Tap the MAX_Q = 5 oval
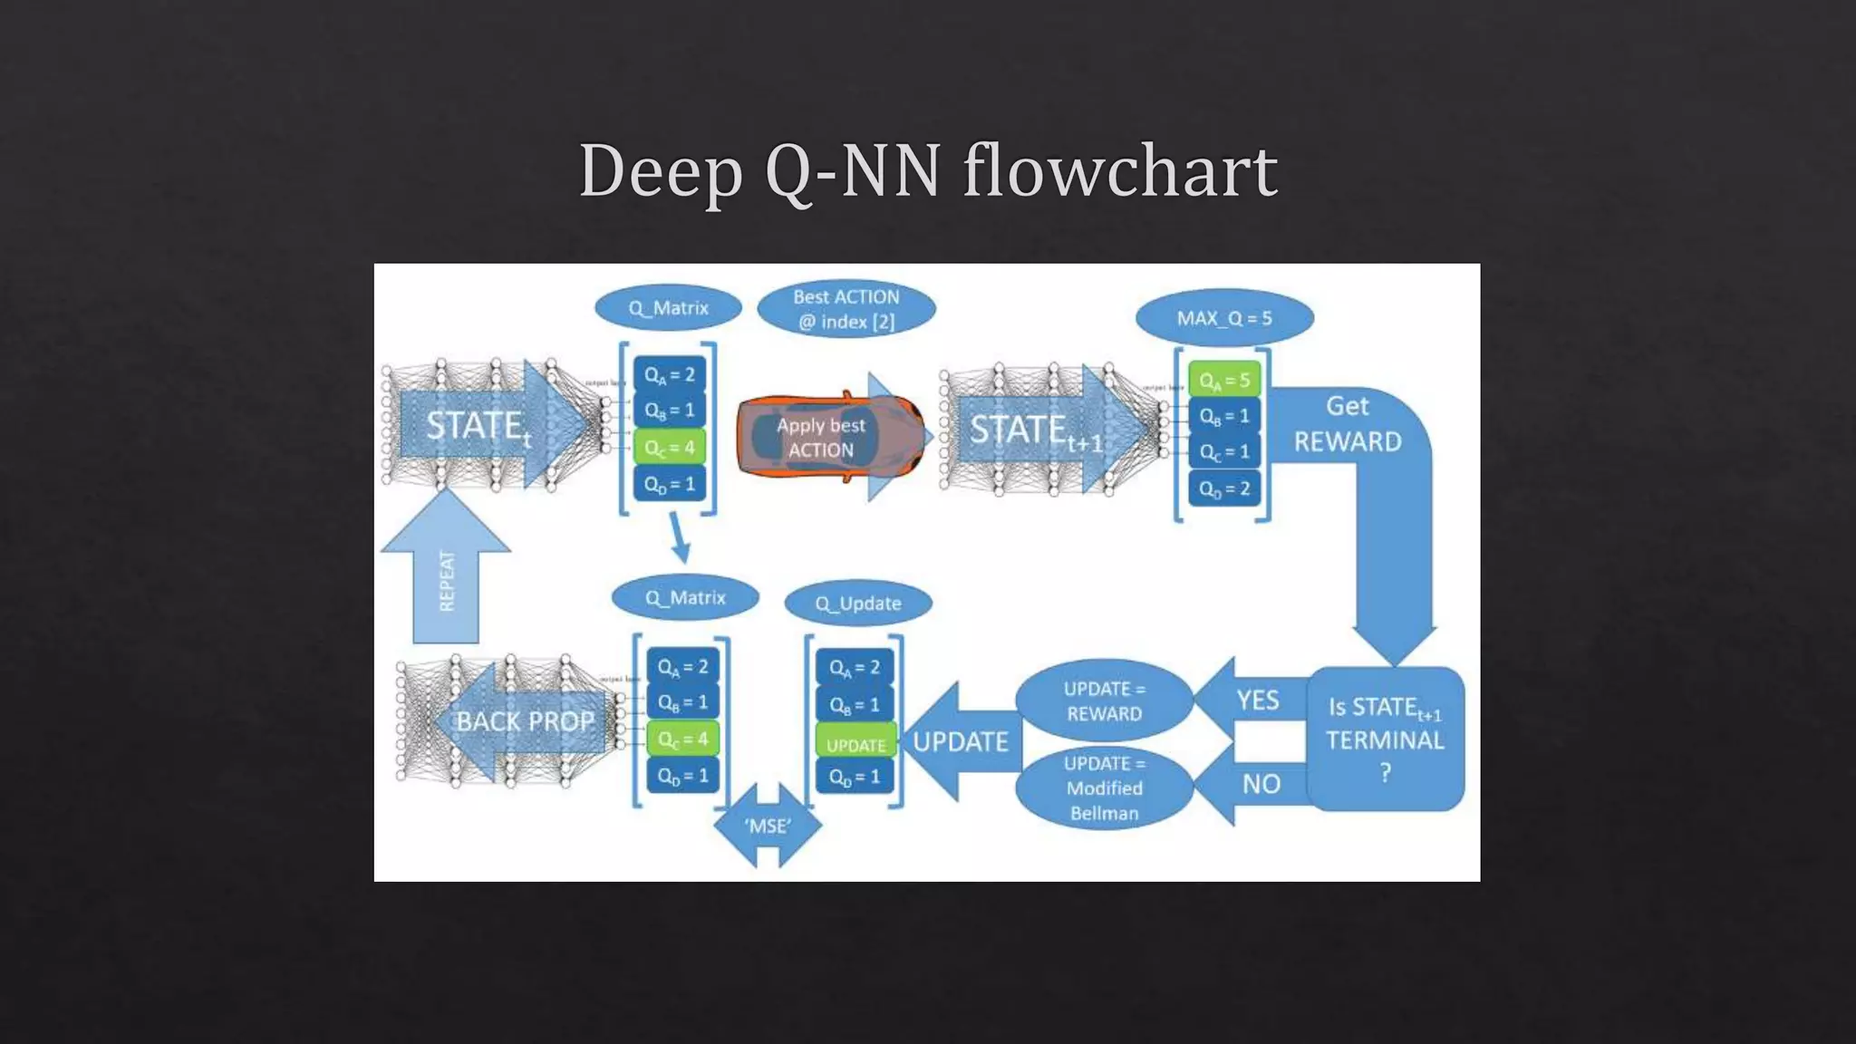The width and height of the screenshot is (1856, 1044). click(1223, 318)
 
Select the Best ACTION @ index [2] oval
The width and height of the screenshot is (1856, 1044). click(846, 309)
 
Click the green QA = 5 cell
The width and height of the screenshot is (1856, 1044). click(1223, 380)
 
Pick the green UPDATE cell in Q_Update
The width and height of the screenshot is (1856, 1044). click(855, 744)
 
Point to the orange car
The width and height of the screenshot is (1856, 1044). click(829, 437)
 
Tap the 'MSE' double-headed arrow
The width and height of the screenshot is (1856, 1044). click(768, 826)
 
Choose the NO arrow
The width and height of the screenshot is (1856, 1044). click(1259, 783)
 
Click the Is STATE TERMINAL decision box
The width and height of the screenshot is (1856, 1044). click(1385, 739)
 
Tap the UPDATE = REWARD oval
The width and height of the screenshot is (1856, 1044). click(1104, 701)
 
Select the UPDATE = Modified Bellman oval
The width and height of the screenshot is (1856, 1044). click(1104, 788)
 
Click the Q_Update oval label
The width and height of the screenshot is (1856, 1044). click(857, 604)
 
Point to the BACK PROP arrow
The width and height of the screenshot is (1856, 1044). click(523, 721)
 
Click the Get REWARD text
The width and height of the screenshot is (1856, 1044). click(1347, 424)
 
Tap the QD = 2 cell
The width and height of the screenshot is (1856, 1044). click(1223, 488)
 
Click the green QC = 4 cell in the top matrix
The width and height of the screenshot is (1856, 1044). click(669, 447)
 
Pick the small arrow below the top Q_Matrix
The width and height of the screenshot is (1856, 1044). click(680, 537)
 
